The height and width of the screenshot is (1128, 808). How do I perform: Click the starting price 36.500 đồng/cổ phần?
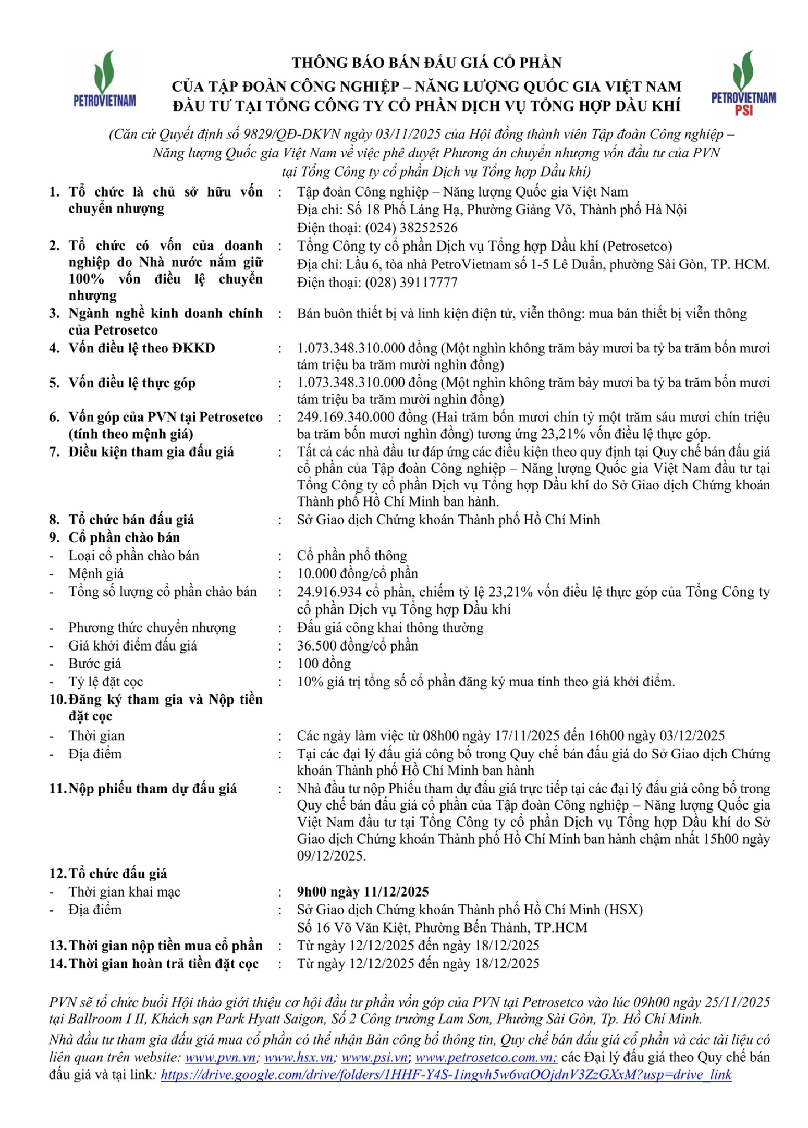357,646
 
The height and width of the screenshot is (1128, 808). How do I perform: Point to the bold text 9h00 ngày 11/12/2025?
362,892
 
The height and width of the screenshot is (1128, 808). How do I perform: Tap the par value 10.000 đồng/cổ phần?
357,574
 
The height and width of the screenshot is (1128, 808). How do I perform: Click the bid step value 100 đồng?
324,664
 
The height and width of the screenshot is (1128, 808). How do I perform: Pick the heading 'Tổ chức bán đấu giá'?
131,520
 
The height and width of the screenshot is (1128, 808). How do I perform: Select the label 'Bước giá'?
94,664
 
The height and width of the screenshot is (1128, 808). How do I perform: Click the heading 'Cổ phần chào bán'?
124,537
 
